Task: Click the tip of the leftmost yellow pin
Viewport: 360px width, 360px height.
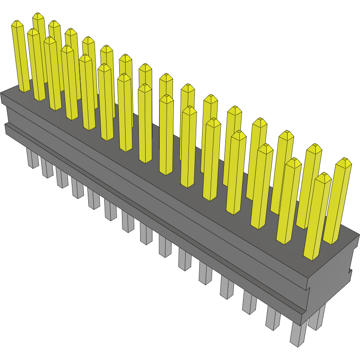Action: pyautogui.click(x=17, y=21)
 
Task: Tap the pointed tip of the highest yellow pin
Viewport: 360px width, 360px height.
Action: pyautogui.click(x=38, y=14)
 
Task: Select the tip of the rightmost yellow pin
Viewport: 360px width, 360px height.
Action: pyautogui.click(x=344, y=159)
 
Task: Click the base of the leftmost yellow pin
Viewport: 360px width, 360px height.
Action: pyautogui.click(x=24, y=90)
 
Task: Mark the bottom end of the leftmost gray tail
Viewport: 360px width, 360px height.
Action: pyautogui.click(x=33, y=167)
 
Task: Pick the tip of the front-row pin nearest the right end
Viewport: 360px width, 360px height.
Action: pyautogui.click(x=324, y=174)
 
